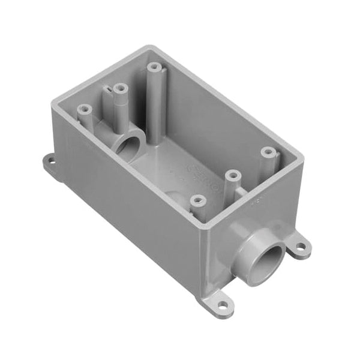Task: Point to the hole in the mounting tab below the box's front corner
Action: coord(224,306)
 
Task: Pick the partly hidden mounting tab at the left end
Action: coord(50,163)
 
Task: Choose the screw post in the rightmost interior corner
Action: coord(267,152)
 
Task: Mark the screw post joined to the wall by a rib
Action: coord(233,176)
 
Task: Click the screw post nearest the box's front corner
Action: coord(195,200)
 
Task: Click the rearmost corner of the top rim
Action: coord(148,48)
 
